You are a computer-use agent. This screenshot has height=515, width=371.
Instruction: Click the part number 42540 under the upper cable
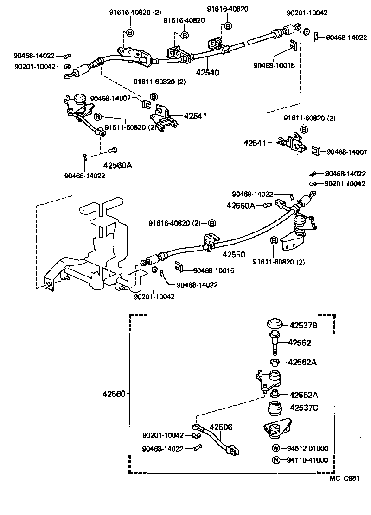tap(208, 72)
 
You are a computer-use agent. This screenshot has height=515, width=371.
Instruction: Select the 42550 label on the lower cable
tap(235, 255)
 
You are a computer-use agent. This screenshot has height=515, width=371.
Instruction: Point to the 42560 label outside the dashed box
tap(114, 394)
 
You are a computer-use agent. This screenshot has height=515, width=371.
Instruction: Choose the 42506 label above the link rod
tap(221, 427)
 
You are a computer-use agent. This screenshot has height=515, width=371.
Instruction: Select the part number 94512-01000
tap(307, 448)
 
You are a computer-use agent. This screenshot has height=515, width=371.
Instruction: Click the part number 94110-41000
tap(307, 460)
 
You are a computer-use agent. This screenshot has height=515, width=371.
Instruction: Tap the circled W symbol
tap(276, 448)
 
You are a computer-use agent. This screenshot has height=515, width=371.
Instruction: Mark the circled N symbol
tap(276, 460)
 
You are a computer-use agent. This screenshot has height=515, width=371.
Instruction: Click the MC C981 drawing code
tap(345, 479)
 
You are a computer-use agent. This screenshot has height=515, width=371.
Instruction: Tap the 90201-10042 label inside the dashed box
tap(163, 435)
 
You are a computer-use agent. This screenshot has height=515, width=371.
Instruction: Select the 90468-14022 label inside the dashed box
tap(163, 448)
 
